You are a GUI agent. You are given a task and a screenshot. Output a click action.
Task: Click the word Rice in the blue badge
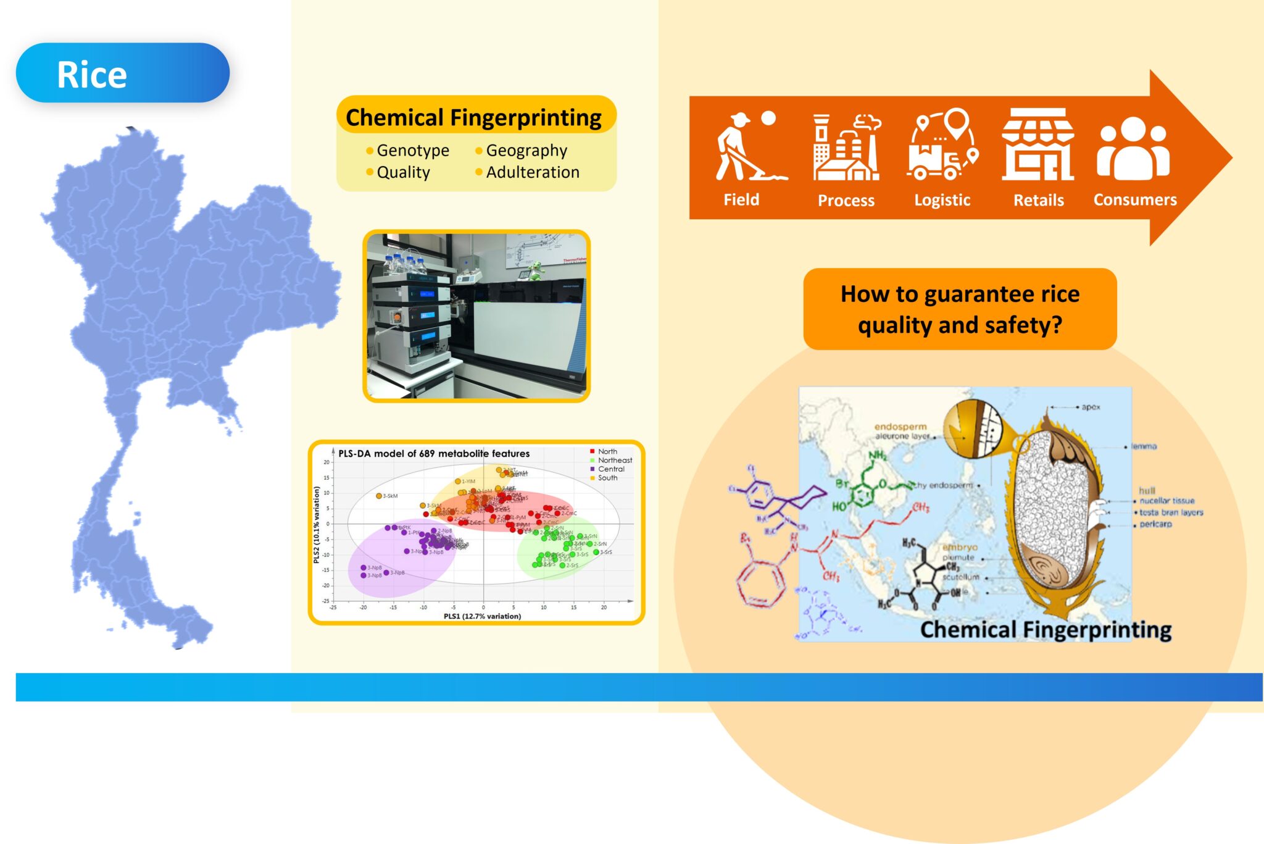click(x=91, y=75)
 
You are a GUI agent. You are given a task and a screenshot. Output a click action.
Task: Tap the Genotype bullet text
click(x=412, y=151)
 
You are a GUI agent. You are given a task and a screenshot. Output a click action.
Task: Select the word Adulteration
click(x=532, y=172)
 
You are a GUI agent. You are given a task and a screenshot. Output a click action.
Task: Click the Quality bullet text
click(x=403, y=172)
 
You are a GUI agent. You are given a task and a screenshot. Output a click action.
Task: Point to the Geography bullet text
click(x=526, y=151)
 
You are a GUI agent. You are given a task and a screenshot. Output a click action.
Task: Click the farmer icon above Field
click(x=748, y=146)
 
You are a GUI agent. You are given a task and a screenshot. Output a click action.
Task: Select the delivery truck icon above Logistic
click(x=942, y=146)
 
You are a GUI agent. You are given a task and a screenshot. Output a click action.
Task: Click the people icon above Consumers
click(x=1133, y=148)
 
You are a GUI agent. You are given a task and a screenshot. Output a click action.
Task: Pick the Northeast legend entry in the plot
click(x=614, y=461)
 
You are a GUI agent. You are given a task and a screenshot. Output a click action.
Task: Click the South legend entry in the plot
click(x=607, y=478)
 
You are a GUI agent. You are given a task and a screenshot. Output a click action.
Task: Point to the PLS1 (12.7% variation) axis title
click(x=482, y=616)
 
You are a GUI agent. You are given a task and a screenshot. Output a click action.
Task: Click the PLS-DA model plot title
click(x=433, y=454)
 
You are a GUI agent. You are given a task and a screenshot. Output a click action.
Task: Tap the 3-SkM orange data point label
click(x=389, y=496)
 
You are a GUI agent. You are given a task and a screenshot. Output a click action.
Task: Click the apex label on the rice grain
click(x=1091, y=407)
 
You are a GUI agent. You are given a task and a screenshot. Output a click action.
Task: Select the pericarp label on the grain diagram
click(x=1155, y=524)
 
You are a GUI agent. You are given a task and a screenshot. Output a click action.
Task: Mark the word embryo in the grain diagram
click(x=960, y=547)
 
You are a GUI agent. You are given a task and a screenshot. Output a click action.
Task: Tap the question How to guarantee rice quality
click(x=960, y=309)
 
